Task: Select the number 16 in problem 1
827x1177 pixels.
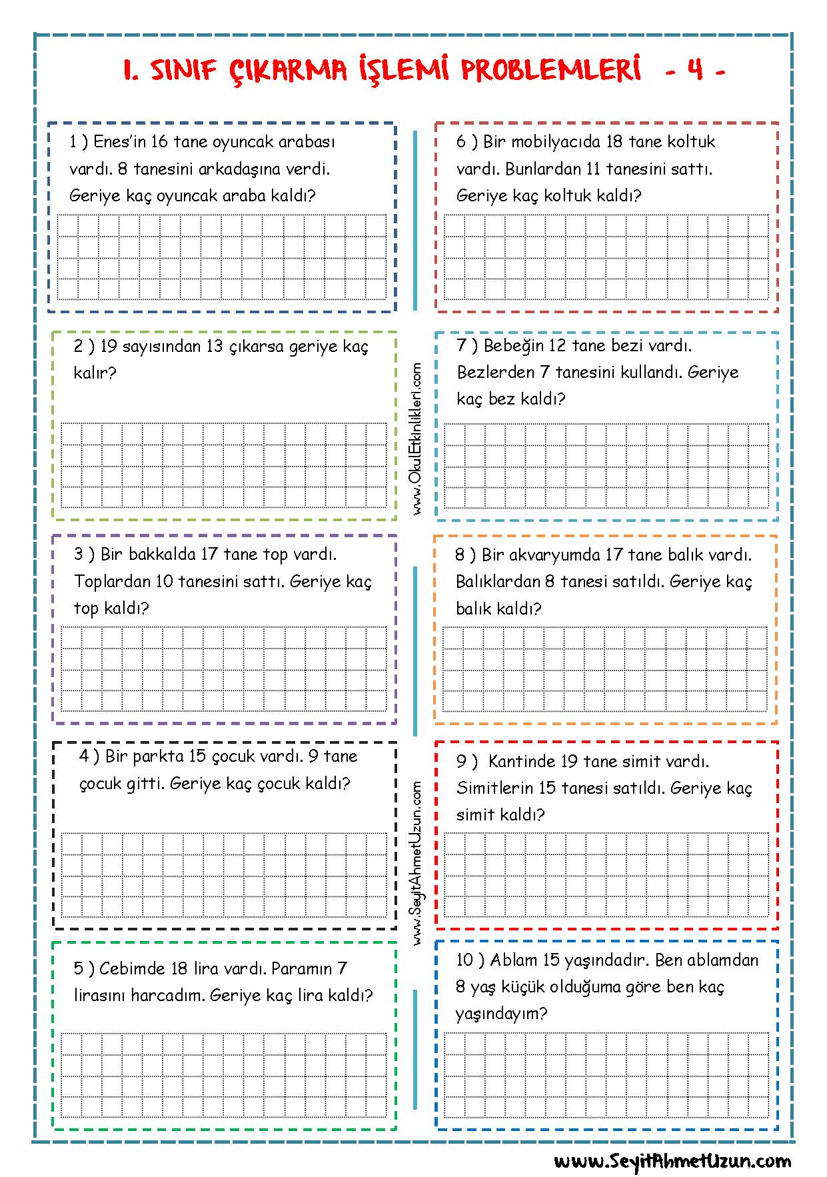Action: click(159, 142)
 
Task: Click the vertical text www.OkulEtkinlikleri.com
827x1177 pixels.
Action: click(417, 439)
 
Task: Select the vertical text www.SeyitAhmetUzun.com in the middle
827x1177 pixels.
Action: click(417, 863)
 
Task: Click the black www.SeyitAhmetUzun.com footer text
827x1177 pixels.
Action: click(672, 1161)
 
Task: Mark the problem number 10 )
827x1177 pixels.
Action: click(469, 960)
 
